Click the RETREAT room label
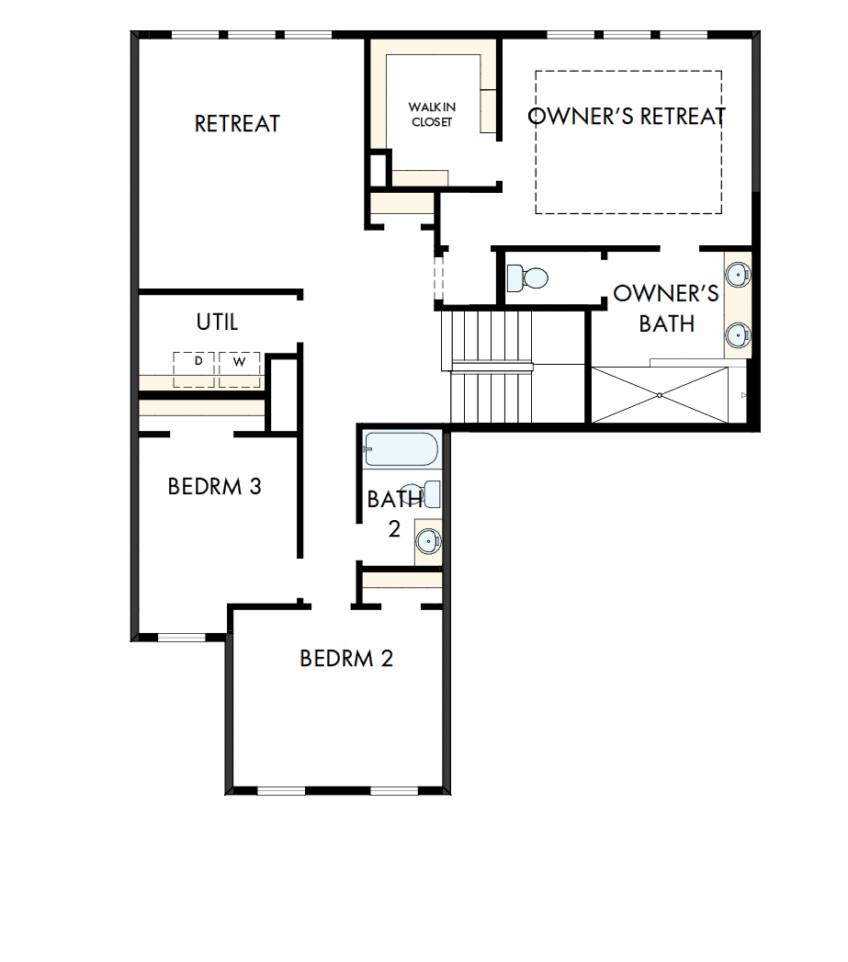[237, 124]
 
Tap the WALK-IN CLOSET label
[432, 115]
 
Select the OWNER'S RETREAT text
[627, 117]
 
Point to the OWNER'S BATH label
[666, 309]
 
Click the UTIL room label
[217, 323]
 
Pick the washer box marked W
[239, 368]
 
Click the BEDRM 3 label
[214, 486]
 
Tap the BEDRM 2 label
[346, 659]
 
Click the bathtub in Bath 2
[401, 450]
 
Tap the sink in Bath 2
[427, 539]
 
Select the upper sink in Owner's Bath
[737, 274]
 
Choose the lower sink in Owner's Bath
[737, 335]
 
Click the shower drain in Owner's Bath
[660, 395]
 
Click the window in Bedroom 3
[181, 638]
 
